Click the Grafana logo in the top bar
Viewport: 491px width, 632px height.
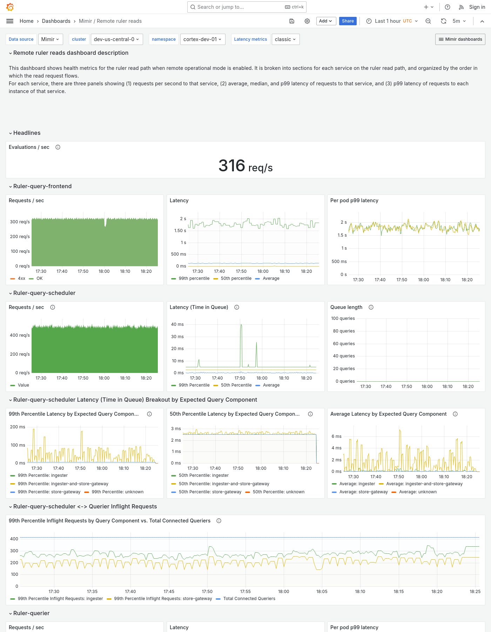10,7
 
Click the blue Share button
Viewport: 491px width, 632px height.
348,21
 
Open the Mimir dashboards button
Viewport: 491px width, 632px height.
460,39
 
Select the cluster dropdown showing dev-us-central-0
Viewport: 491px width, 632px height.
116,39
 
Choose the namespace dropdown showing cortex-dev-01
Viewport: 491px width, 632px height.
202,39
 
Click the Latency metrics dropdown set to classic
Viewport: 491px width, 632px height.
285,39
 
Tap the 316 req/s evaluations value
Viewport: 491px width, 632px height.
245,166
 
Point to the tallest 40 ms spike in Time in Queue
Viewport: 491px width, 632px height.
241,325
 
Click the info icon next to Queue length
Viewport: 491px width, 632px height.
371,307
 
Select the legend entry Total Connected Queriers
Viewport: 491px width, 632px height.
249,599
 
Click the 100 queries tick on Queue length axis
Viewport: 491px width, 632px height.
343,318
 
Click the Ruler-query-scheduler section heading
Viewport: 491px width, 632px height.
44,293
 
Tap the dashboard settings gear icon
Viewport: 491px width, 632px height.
307,21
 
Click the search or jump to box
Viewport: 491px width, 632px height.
247,7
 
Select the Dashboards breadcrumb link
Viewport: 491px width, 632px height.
56,21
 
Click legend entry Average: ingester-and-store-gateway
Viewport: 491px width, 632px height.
424,484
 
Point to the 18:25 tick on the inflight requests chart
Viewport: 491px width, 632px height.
475,592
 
